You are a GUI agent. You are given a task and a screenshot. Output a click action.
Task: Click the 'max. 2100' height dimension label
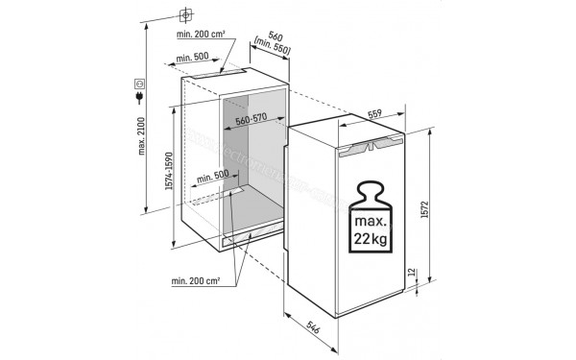(140, 137)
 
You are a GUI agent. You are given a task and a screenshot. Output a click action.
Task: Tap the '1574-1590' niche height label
(169, 173)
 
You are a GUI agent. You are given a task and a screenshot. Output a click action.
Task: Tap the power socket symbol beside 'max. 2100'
(140, 85)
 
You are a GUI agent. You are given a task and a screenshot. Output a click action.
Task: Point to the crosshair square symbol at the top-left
(186, 15)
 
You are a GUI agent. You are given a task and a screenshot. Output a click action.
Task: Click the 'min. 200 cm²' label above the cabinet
(199, 34)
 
